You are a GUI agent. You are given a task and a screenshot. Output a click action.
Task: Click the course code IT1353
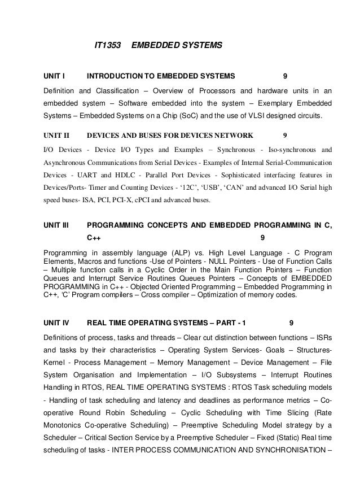107,44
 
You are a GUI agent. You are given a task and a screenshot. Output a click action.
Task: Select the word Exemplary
278,103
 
